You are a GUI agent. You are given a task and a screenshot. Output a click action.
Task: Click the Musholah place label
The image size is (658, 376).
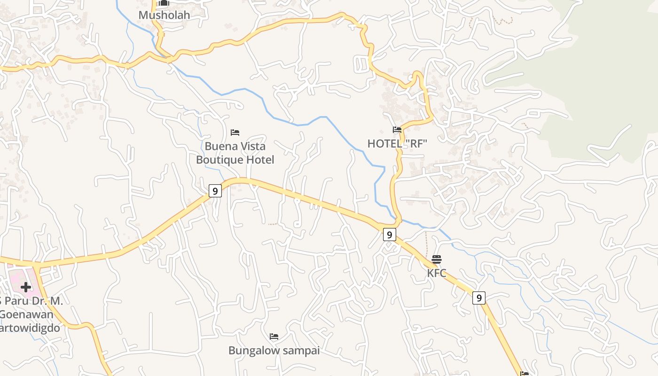(164, 15)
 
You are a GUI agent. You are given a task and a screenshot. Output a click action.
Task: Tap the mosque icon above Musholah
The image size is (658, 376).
(164, 3)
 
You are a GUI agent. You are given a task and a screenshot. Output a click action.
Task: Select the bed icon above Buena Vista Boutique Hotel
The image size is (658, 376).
(235, 133)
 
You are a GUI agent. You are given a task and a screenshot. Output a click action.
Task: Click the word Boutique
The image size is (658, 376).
(221, 160)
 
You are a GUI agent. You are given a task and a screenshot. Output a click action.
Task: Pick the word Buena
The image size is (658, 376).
(219, 146)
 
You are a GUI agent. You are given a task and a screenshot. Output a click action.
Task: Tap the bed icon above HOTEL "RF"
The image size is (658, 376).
(397, 130)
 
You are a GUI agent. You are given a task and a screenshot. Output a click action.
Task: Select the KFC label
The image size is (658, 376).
(437, 273)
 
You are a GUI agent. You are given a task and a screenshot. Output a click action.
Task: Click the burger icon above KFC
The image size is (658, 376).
(437, 259)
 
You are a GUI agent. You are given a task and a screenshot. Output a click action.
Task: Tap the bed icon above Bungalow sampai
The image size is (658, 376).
(274, 337)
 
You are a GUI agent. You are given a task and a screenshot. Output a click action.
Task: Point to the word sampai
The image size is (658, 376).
(300, 351)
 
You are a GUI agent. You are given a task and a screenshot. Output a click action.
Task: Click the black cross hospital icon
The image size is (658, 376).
(26, 287)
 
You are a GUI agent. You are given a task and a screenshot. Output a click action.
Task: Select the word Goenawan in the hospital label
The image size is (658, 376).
(26, 314)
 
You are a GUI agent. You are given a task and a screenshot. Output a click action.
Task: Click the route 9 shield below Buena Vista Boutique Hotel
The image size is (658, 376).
(215, 191)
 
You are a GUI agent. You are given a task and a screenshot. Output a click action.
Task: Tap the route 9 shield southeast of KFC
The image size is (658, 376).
(478, 298)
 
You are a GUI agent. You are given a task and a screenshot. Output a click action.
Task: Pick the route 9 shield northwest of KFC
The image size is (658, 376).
(389, 234)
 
